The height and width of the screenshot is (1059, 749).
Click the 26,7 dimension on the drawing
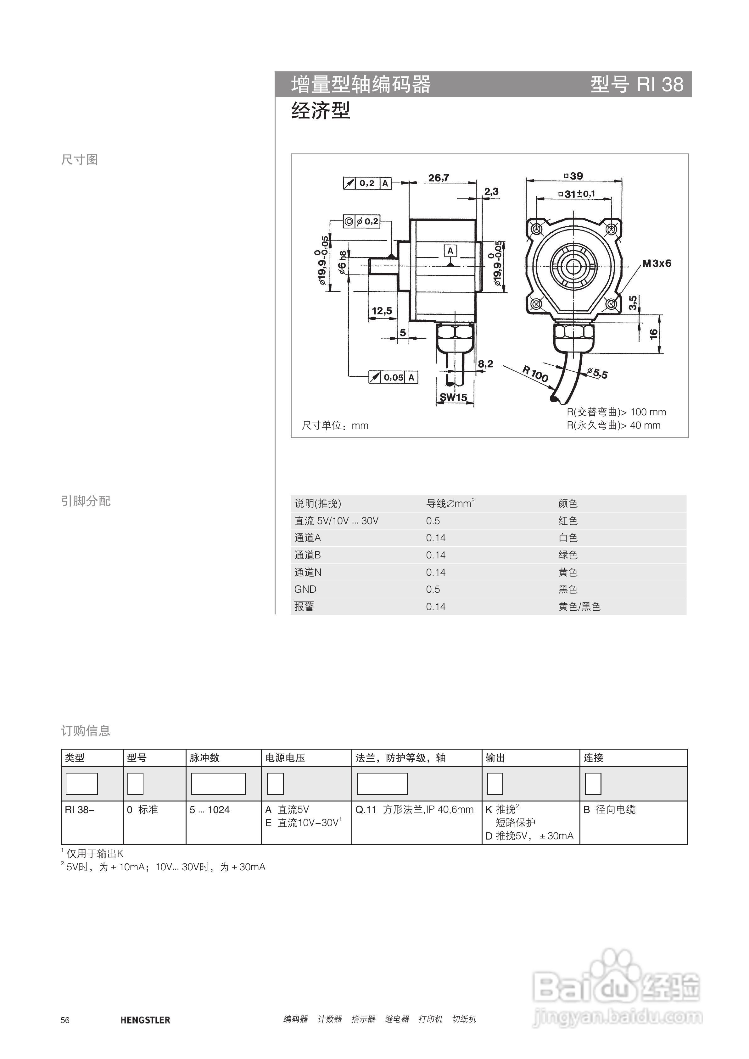(439, 178)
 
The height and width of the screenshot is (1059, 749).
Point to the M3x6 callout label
(657, 263)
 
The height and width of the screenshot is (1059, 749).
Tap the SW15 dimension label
(453, 397)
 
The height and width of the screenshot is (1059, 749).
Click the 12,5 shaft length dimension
(382, 311)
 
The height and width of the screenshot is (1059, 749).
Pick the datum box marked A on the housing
(450, 251)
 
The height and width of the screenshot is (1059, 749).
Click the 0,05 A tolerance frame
(393, 377)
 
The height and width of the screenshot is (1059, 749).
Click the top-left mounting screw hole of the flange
(536, 229)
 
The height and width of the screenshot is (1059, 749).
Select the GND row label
(305, 589)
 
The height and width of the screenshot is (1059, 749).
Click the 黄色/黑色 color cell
(579, 607)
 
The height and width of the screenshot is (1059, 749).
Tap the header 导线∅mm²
(450, 503)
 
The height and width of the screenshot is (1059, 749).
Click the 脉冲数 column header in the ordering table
(204, 758)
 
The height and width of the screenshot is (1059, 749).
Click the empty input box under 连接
(593, 784)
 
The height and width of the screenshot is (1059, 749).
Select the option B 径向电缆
(609, 809)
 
